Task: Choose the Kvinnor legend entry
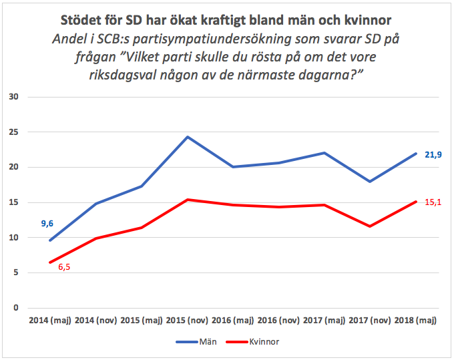click(x=264, y=341)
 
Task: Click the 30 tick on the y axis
click(x=14, y=98)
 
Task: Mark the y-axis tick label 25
click(x=14, y=133)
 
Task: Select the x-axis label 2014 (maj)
click(x=50, y=321)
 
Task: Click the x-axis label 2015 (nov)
click(x=188, y=321)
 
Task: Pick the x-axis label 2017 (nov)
click(x=369, y=321)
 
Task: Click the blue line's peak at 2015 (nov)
click(x=188, y=137)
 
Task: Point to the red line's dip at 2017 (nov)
click(x=369, y=226)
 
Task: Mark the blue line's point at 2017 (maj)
click(x=324, y=153)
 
